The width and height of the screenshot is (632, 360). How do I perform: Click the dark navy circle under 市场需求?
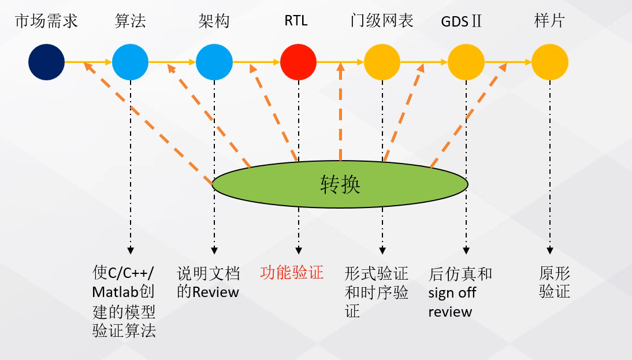46,62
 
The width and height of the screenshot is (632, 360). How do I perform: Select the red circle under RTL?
298,62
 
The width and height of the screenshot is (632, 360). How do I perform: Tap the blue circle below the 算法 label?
130,62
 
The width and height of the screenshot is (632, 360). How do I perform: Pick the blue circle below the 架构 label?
214,62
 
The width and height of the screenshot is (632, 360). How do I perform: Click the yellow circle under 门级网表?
382,62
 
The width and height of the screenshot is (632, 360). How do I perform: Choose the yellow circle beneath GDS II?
466,62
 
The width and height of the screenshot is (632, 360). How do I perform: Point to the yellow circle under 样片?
549,62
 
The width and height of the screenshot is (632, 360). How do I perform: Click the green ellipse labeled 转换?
340,184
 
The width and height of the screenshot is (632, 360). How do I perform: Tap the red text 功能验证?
292,273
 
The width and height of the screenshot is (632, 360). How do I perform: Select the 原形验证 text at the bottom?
555,282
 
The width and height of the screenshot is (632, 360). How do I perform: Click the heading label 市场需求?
46,21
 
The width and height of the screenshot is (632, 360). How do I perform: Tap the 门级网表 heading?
382,21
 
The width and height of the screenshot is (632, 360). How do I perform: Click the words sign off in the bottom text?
452,292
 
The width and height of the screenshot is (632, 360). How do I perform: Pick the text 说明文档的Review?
208,282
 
